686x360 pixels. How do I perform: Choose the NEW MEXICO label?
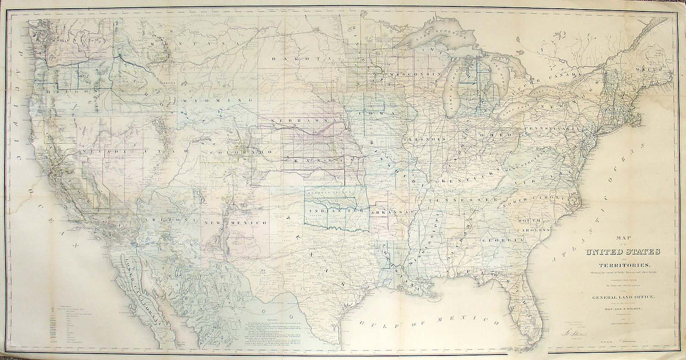(x=240, y=221)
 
